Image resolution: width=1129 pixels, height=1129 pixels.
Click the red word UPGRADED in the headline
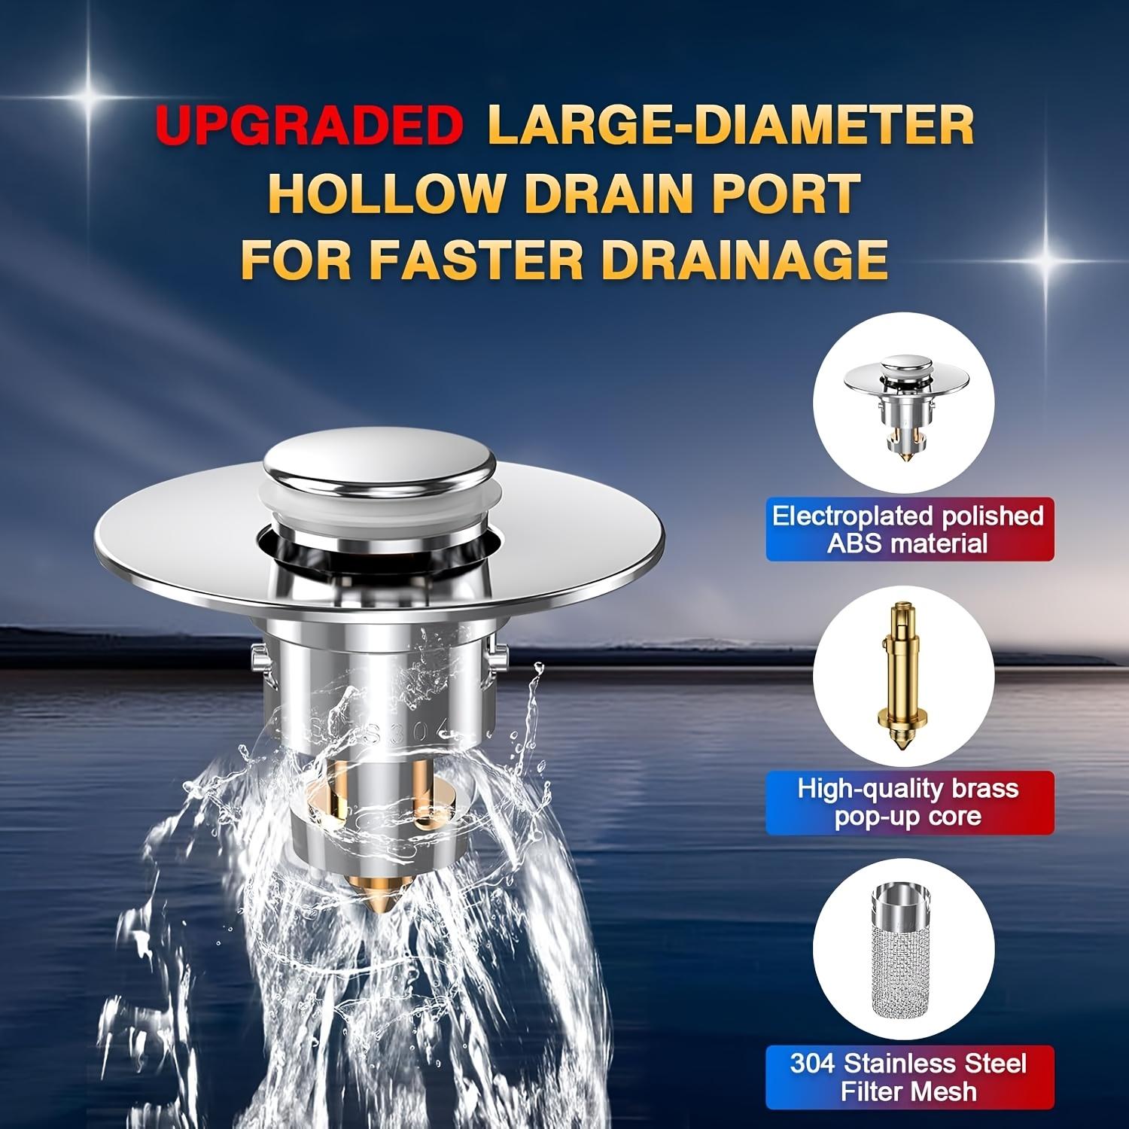point(309,126)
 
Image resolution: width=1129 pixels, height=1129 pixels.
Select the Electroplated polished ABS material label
point(908,529)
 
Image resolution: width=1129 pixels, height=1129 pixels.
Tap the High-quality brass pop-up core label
point(908,802)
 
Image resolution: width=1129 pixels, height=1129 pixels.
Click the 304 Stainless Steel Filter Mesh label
point(908,1077)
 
